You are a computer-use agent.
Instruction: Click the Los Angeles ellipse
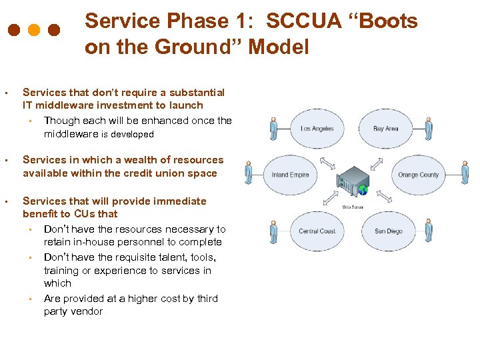(x=317, y=128)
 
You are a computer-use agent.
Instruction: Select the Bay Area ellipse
(x=385, y=128)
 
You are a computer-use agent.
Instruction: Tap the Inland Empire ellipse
(x=291, y=175)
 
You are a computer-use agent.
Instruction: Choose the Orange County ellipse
(x=417, y=175)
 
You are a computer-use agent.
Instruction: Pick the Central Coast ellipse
(x=317, y=231)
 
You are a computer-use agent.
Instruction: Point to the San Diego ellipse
(x=388, y=231)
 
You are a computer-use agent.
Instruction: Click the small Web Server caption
(x=353, y=207)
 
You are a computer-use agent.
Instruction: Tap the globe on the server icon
(x=363, y=190)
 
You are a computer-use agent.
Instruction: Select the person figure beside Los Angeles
(x=273, y=129)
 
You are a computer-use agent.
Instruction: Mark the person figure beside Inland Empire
(x=249, y=172)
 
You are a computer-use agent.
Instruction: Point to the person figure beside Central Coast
(x=273, y=232)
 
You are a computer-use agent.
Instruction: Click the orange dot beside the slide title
(x=34, y=31)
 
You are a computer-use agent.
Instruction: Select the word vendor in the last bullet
(x=87, y=311)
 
